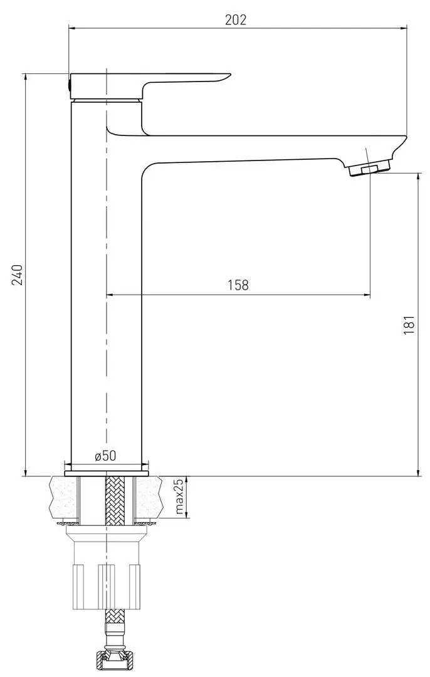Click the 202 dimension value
coord(236,20)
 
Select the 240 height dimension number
coord(18,275)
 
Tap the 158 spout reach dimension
coord(238,285)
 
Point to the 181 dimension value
coord(410,325)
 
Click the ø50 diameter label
coord(105,456)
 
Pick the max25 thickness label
coord(179,496)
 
